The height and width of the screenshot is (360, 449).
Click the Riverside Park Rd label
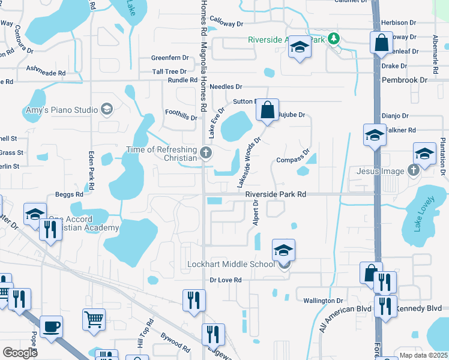pyautogui.click(x=276, y=194)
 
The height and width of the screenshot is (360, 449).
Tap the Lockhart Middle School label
pyautogui.click(x=231, y=265)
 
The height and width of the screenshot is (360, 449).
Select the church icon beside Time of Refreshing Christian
pyautogui.click(x=206, y=152)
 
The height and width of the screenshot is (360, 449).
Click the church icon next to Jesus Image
pyautogui.click(x=413, y=171)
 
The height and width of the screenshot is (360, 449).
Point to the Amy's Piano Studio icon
pyautogui.click(x=106, y=109)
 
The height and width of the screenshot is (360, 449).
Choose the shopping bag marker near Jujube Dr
pyautogui.click(x=267, y=110)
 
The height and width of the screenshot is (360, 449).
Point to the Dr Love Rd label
pyautogui.click(x=226, y=280)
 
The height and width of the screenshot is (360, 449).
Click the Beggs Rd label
pyautogui.click(x=69, y=194)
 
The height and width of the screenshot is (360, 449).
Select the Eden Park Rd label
pyautogui.click(x=92, y=171)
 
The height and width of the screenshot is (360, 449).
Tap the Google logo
pyautogui.click(x=20, y=353)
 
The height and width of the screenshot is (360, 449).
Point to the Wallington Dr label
pyautogui.click(x=322, y=301)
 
